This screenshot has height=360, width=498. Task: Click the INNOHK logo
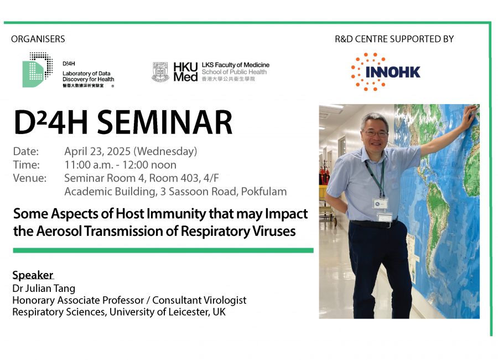coord(386,72)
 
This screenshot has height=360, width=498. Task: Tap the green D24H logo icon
coord(37,70)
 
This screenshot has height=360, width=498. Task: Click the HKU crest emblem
coord(160,72)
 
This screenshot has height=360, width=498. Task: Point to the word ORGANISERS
coord(38,39)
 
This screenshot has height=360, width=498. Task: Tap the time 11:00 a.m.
coord(89,165)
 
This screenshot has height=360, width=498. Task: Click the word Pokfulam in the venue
coord(263,192)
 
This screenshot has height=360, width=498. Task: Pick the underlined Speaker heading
coord(33,275)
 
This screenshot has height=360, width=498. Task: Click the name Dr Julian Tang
coord(44,289)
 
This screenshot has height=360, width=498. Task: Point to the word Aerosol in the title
coord(60,231)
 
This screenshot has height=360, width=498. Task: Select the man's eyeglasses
coord(376,133)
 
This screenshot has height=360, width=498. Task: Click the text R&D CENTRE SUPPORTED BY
coord(394,39)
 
